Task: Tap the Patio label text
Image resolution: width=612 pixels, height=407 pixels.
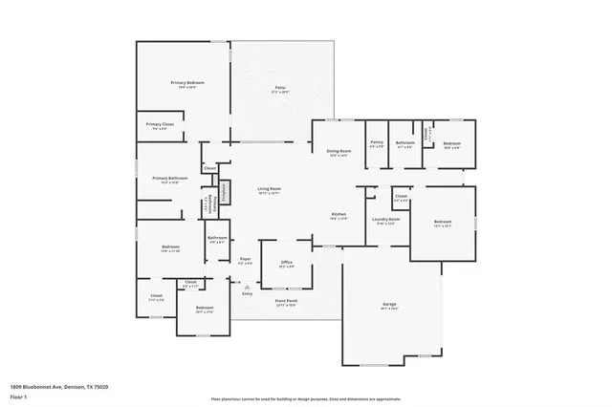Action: [x=281, y=88]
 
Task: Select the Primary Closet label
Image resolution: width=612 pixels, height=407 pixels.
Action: [x=160, y=124]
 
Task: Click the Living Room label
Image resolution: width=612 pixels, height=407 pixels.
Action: [x=269, y=189]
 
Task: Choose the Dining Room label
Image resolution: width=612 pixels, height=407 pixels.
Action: [x=339, y=151]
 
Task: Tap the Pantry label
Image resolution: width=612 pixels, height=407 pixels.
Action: [x=377, y=142]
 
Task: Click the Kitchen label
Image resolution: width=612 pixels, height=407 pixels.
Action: [x=339, y=214]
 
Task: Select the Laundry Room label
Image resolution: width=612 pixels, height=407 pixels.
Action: [x=386, y=220]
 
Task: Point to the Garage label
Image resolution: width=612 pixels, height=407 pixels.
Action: [x=390, y=305]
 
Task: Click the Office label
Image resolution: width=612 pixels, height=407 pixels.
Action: [x=286, y=262]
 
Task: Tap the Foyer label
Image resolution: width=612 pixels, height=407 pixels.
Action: [x=245, y=259]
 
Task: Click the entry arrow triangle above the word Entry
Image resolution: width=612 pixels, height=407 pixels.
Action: [x=247, y=287]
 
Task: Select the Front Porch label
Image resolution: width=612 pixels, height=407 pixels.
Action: [x=288, y=301]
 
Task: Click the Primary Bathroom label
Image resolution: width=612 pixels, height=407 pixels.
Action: [x=169, y=179]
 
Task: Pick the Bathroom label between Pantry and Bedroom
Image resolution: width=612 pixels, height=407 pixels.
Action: [x=404, y=142]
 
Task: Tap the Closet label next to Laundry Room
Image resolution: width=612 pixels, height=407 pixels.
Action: [x=402, y=197]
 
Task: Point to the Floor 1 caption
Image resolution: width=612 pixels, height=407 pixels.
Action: [x=18, y=395]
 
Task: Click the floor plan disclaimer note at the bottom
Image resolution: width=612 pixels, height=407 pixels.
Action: [x=305, y=398]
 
